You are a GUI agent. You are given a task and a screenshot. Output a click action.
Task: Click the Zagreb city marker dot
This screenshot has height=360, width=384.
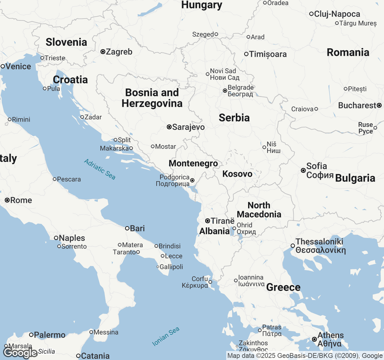[x=103, y=52]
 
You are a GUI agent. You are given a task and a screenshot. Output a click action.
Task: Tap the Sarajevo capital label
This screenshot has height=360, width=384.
[x=188, y=127]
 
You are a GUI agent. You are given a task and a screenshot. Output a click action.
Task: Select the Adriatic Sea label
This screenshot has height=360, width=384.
[x=100, y=169]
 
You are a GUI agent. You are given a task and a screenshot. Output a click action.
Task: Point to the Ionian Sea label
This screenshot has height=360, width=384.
[x=166, y=336]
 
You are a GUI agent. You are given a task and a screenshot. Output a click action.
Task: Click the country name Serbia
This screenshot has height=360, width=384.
[x=234, y=118]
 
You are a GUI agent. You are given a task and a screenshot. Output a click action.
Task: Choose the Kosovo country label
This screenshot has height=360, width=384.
[x=237, y=174]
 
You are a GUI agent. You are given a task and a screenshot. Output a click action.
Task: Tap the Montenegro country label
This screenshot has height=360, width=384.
[x=193, y=163]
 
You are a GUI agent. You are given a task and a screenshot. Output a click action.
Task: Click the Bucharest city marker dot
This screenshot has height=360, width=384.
[x=379, y=105]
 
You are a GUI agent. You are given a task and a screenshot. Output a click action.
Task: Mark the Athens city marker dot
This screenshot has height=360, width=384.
[x=314, y=339]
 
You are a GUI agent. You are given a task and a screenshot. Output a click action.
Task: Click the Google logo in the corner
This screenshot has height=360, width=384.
[x=20, y=353]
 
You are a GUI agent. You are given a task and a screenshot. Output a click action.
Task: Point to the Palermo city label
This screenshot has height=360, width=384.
[x=49, y=335]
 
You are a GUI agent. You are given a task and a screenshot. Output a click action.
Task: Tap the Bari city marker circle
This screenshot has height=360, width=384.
[x=127, y=228]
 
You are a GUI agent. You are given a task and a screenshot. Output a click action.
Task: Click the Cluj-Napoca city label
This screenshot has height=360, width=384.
[x=337, y=14]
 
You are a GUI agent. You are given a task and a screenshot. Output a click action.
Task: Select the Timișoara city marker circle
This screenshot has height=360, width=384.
[x=246, y=54]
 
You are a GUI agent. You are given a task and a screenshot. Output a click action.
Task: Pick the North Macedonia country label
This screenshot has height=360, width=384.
[x=259, y=210]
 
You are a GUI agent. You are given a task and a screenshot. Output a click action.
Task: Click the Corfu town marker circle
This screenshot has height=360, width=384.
[x=210, y=282]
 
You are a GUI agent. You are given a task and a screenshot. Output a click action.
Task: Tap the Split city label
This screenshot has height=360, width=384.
[x=124, y=140]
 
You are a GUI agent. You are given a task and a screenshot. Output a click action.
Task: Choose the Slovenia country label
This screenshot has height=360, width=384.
[x=66, y=42]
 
